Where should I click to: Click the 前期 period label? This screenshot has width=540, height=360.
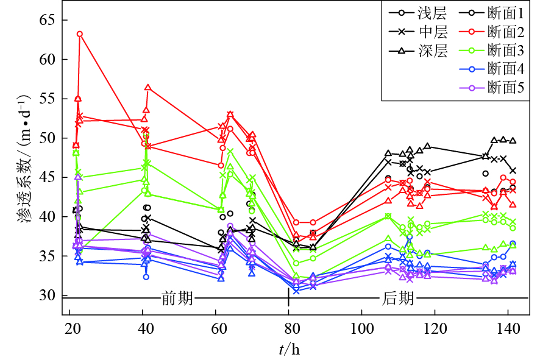point(177,298)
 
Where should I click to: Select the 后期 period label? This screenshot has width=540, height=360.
point(399,298)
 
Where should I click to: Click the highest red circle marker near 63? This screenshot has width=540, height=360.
point(80,34)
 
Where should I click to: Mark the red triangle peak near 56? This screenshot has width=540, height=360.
point(147,88)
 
